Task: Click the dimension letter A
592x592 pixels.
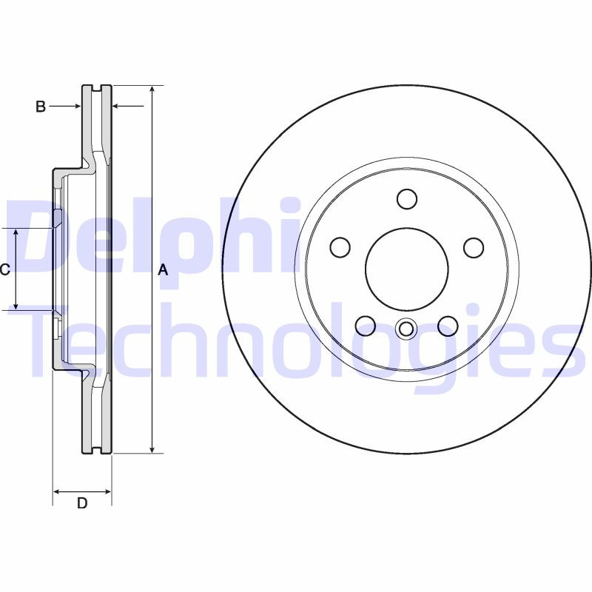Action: pyautogui.click(x=164, y=271)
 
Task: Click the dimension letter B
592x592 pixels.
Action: pyautogui.click(x=41, y=107)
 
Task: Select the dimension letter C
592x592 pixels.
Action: pyautogui.click(x=4, y=270)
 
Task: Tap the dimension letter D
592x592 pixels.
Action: pyautogui.click(x=82, y=504)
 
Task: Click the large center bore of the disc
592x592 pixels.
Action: pyautogui.click(x=406, y=268)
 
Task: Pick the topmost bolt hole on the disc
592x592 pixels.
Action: pyautogui.click(x=406, y=199)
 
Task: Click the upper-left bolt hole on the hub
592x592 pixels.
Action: pyautogui.click(x=340, y=247)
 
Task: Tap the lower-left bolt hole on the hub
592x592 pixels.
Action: pyautogui.click(x=366, y=325)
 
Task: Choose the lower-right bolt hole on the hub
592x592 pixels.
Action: pyautogui.click(x=447, y=325)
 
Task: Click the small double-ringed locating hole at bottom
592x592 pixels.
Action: pyautogui.click(x=406, y=329)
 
